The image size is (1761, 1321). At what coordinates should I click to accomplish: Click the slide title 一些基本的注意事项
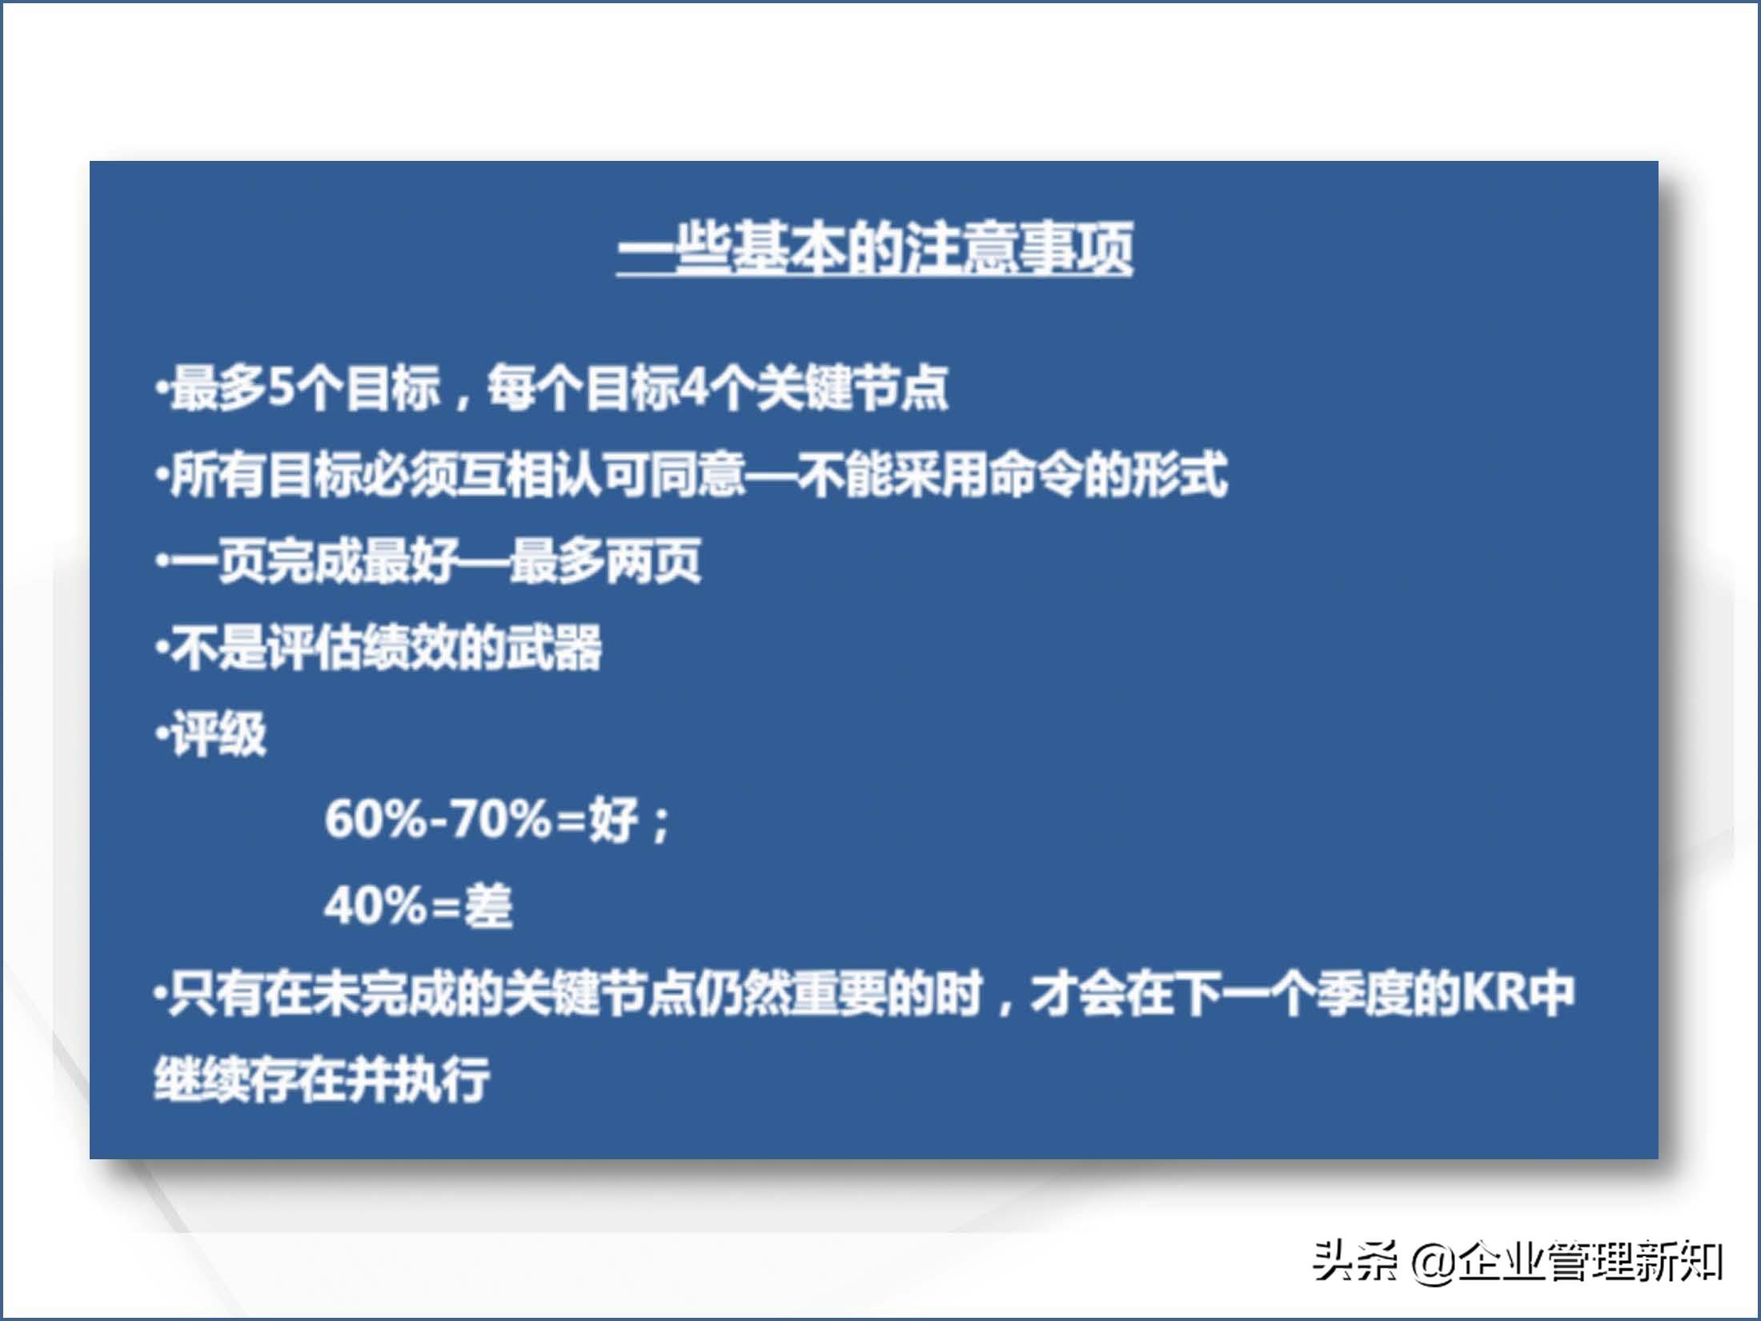click(875, 247)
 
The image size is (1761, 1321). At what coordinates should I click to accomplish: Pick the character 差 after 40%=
click(487, 906)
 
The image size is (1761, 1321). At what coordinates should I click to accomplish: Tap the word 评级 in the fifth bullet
click(219, 734)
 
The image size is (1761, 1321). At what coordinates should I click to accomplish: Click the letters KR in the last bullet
click(1494, 994)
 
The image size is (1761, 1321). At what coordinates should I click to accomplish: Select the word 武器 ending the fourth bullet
click(554, 648)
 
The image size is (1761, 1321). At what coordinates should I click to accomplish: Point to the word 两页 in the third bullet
click(654, 561)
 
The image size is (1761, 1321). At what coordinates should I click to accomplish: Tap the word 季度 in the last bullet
click(1369, 994)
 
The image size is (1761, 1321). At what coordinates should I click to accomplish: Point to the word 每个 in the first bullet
click(536, 389)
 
